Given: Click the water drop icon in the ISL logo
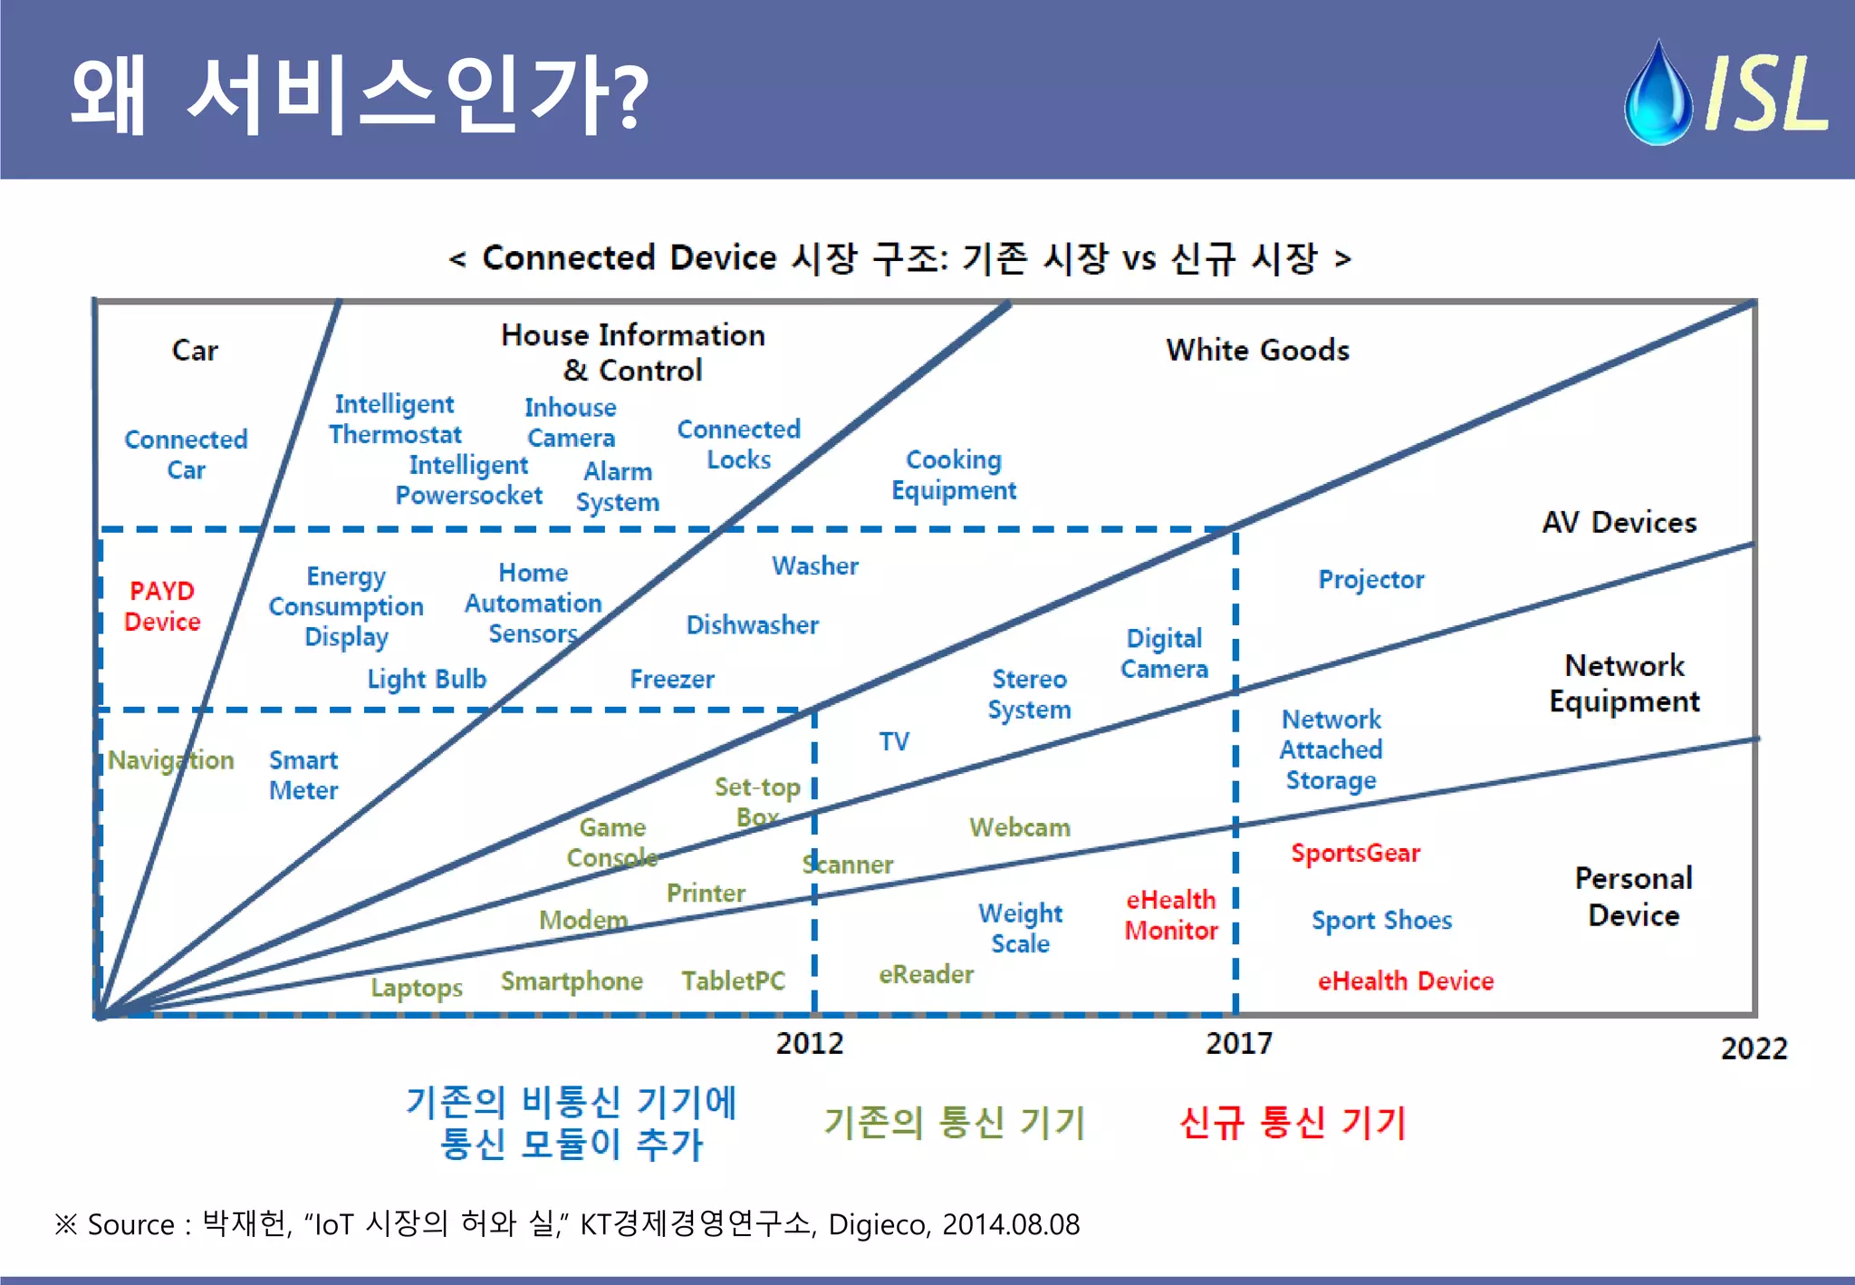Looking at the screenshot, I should [x=1658, y=94].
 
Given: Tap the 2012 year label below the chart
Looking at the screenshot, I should [x=809, y=1043].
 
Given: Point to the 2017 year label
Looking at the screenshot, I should [x=1238, y=1043].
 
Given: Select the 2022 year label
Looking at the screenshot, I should [x=1754, y=1048].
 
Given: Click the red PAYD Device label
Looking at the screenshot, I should [x=162, y=606].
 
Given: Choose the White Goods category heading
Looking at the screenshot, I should [x=1257, y=350].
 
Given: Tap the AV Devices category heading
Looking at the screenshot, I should [x=1619, y=522].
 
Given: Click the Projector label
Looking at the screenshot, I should [x=1370, y=579].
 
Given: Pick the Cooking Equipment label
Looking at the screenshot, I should [x=954, y=475].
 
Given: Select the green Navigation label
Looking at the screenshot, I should [x=170, y=759].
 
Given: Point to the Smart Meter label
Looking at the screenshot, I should [x=303, y=775].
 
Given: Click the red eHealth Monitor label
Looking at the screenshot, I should [x=1171, y=914].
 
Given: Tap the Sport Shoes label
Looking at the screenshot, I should [x=1381, y=920].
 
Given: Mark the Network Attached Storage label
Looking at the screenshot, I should [x=1331, y=749].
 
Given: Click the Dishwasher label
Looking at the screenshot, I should [x=752, y=624].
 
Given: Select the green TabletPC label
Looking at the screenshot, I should [x=733, y=981].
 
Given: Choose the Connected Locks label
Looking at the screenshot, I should [x=739, y=444].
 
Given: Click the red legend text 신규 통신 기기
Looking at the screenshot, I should [x=1293, y=1123].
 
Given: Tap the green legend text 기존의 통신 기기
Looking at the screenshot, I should [x=954, y=1123].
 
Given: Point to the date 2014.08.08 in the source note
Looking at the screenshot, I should [x=1011, y=1224].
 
